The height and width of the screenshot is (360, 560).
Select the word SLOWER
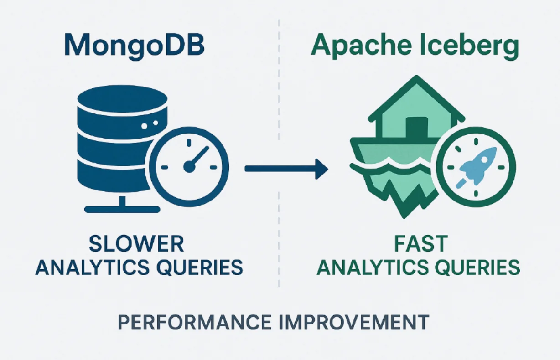136,244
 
